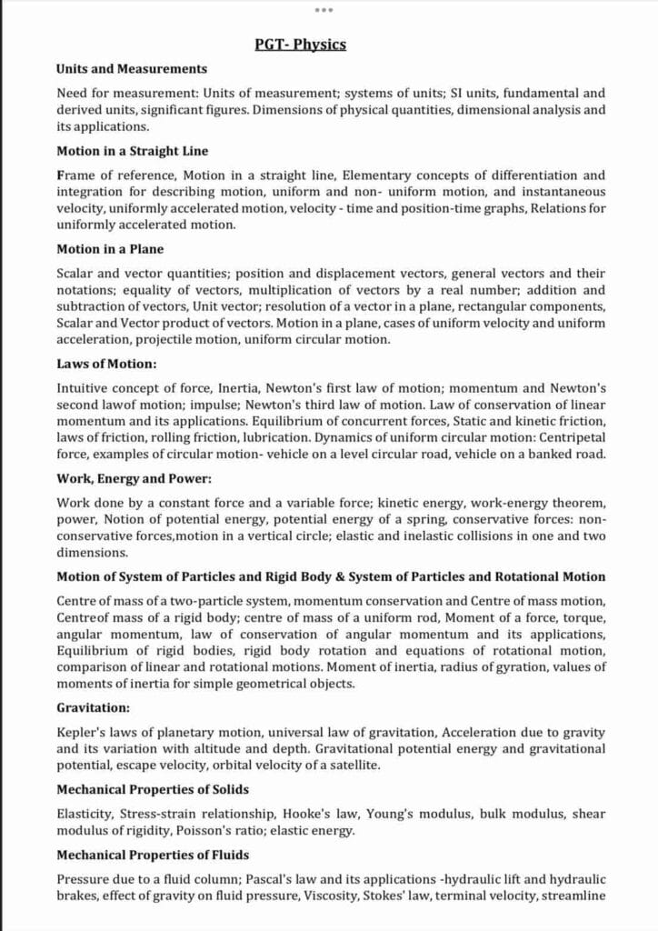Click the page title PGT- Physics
(x=300, y=44)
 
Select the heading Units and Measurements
(x=132, y=68)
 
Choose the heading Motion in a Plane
(x=110, y=248)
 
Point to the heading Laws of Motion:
(x=107, y=364)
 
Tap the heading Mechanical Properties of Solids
(x=153, y=789)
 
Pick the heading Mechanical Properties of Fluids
(x=153, y=855)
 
